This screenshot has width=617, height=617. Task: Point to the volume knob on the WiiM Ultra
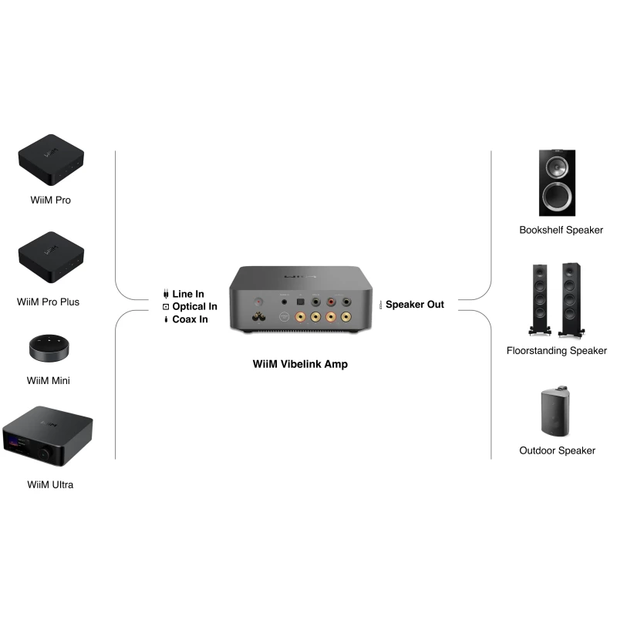(x=56, y=455)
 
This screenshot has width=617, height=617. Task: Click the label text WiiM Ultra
(x=50, y=485)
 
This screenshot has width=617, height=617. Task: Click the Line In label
(x=188, y=294)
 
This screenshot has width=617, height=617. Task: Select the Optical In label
(x=194, y=306)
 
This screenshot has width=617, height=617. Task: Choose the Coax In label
(x=190, y=319)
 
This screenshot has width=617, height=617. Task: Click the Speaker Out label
(x=414, y=305)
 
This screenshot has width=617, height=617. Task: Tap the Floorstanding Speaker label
(x=557, y=351)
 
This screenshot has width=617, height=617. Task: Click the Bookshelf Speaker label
(x=561, y=230)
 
